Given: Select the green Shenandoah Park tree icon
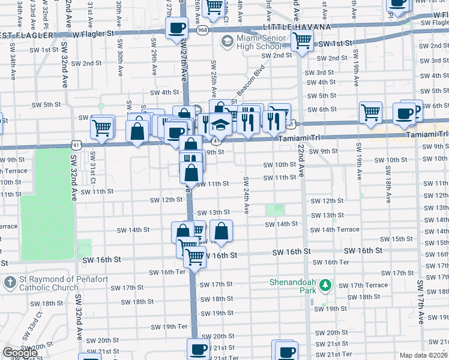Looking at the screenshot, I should (x=325, y=284).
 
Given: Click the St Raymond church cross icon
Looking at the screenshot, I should (x=10, y=282).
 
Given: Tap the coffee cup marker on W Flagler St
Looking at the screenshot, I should (x=176, y=28).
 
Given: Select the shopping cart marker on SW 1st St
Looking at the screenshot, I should (x=302, y=41).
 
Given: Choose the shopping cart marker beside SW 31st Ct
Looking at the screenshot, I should (x=101, y=127).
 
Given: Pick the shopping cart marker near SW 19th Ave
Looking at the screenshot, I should (x=370, y=112).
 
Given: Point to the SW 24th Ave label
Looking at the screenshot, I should (x=246, y=195).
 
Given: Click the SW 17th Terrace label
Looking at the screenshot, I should (x=368, y=285).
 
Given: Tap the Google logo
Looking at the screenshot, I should (x=20, y=353).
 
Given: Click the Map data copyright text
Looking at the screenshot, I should (x=424, y=355).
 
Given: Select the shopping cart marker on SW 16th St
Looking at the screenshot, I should (x=194, y=256).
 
